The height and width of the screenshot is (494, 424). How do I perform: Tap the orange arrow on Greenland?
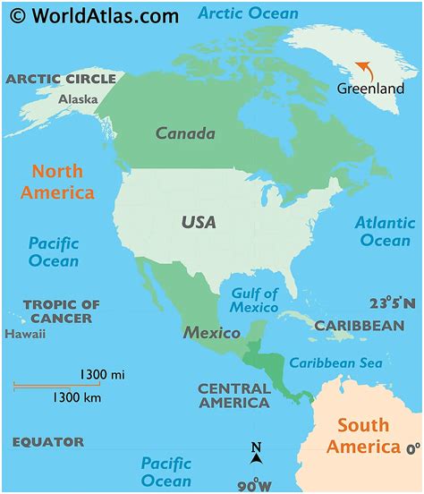tap(364, 69)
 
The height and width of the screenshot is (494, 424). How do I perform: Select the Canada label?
tap(185, 133)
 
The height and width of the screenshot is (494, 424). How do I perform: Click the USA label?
tap(199, 221)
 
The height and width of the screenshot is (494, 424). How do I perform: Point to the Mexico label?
tap(212, 333)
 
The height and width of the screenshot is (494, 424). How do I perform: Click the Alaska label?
tap(78, 99)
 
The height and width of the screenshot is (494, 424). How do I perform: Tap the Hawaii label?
tap(24, 334)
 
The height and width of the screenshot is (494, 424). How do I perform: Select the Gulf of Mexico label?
tap(254, 300)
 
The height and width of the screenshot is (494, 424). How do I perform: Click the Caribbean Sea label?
tap(335, 362)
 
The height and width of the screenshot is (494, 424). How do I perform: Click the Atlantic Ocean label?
tap(385, 231)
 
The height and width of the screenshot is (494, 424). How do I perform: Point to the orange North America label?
tap(63, 182)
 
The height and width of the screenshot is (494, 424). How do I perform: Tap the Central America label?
tap(233, 396)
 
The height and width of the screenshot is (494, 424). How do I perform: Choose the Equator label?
tap(47, 442)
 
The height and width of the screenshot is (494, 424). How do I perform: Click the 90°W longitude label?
tap(256, 484)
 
